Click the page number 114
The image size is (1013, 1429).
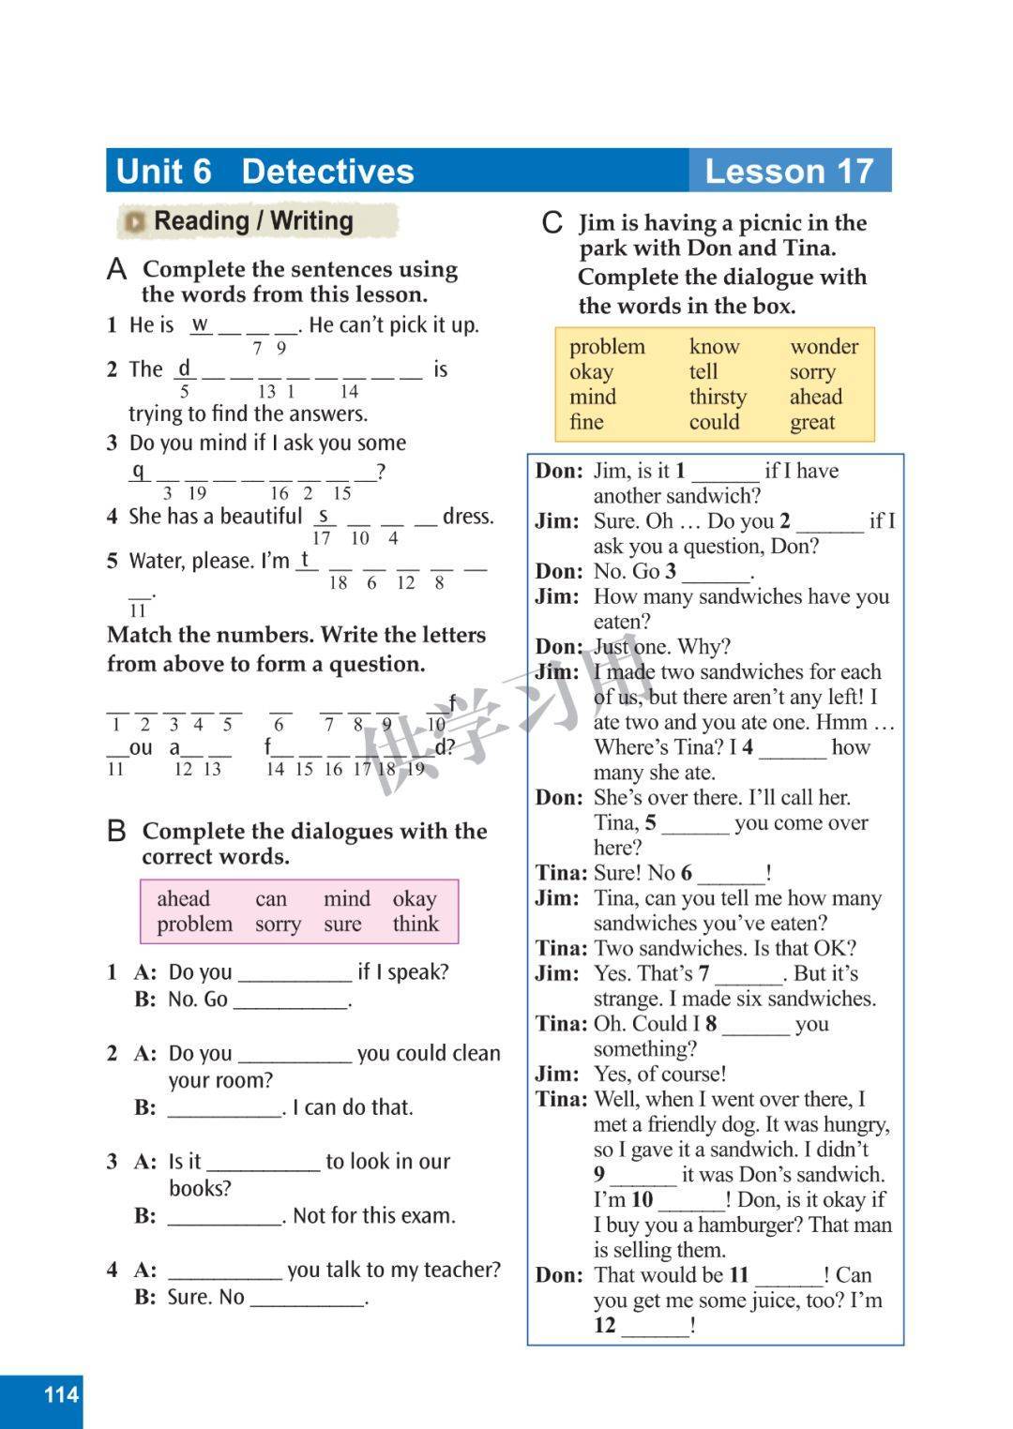(x=61, y=1394)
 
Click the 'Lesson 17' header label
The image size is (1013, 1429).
(x=789, y=172)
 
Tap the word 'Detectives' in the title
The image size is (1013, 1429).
(x=327, y=172)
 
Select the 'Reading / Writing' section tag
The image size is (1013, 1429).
(x=253, y=221)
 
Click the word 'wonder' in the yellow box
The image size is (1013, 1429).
(x=824, y=347)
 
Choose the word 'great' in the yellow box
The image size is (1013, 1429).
(x=812, y=423)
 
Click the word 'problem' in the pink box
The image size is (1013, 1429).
(x=194, y=925)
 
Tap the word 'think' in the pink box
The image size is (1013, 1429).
(x=416, y=925)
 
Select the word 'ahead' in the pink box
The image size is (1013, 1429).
(x=183, y=899)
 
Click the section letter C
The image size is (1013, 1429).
(x=552, y=223)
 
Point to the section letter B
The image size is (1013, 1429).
(x=116, y=832)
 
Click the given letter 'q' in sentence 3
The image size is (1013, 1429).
(x=138, y=471)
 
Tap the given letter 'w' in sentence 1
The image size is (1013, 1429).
(x=200, y=324)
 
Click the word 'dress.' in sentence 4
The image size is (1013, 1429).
(x=468, y=517)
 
